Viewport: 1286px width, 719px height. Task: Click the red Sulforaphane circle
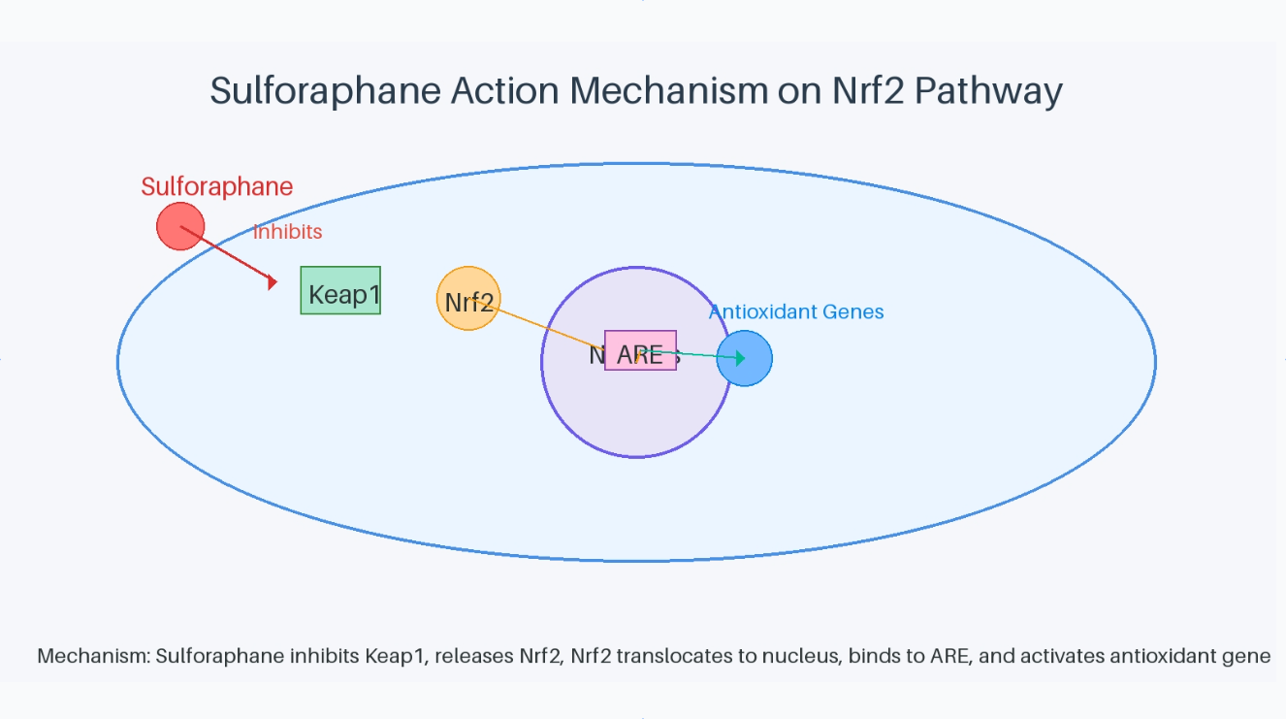coord(180,226)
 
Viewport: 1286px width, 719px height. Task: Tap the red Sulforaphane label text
coord(216,186)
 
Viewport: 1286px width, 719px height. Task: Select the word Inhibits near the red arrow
coord(287,232)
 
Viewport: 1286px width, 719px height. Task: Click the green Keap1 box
coord(340,291)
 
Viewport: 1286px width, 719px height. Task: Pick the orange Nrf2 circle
coord(467,299)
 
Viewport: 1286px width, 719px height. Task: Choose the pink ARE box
coord(640,351)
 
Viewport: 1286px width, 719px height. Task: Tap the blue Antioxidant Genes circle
coord(745,359)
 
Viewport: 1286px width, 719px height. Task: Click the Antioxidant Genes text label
coord(796,311)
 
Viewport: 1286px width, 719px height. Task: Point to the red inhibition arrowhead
coord(273,282)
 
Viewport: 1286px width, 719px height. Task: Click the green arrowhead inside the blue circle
coord(740,359)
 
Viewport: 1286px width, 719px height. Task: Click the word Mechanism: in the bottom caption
coord(93,656)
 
